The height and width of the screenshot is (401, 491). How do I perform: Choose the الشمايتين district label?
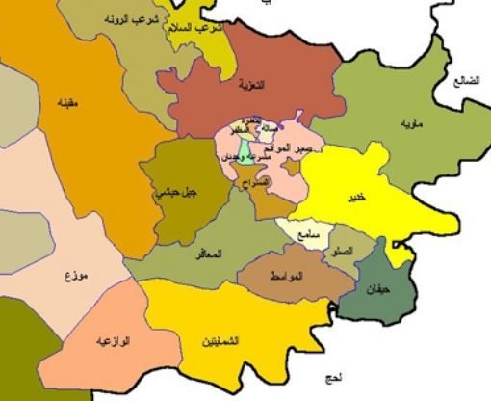coord(222,342)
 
